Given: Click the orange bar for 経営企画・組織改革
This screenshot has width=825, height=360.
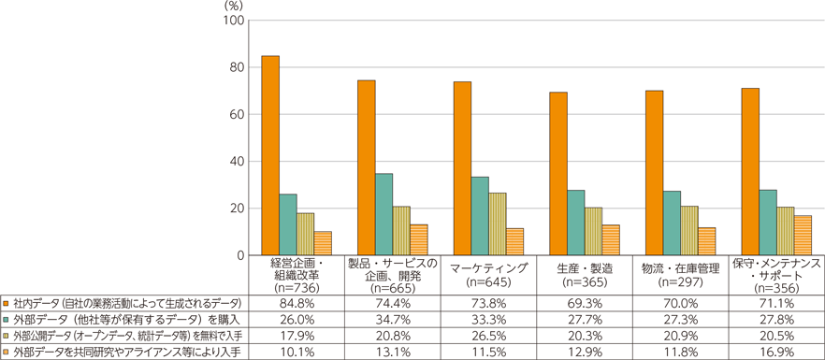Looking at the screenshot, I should pyautogui.click(x=269, y=155).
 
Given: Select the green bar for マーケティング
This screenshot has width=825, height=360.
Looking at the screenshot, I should pyautogui.click(x=479, y=216).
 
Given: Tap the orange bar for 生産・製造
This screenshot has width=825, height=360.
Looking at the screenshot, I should pyautogui.click(x=557, y=174).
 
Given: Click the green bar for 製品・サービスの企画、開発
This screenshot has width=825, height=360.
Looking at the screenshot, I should pyautogui.click(x=384, y=214).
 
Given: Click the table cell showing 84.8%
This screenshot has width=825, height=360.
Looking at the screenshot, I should pyautogui.click(x=295, y=304).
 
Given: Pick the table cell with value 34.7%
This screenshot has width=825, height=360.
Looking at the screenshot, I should pyautogui.click(x=391, y=320).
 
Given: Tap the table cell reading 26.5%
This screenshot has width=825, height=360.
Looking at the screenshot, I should pyautogui.click(x=487, y=336).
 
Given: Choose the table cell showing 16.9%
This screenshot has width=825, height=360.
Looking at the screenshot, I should pyautogui.click(x=775, y=352).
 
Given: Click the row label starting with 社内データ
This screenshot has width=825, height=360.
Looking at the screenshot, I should pyautogui.click(x=126, y=304).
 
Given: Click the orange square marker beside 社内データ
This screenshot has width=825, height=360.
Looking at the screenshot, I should pyautogui.click(x=6, y=304).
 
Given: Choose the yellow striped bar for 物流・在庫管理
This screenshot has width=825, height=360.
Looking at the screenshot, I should pyautogui.click(x=689, y=231).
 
